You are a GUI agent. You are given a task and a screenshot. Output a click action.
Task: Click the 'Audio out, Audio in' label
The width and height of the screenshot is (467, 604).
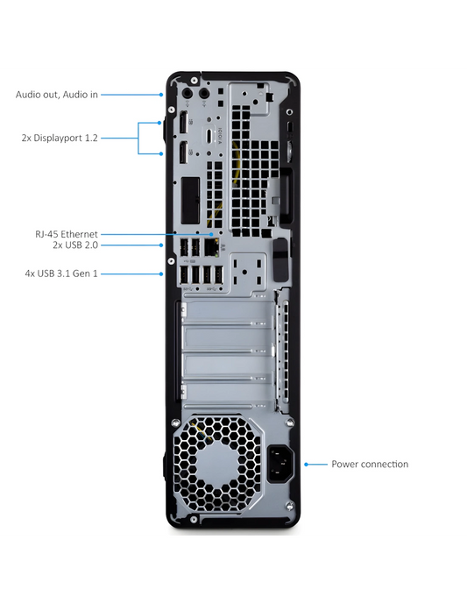coord(57,95)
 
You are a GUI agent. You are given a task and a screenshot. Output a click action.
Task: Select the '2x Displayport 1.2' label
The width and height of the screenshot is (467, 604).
coord(60,138)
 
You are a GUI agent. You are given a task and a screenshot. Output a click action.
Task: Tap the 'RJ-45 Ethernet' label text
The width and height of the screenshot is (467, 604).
coord(67,234)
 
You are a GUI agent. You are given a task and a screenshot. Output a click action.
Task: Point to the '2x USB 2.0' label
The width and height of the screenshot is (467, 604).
coord(75,245)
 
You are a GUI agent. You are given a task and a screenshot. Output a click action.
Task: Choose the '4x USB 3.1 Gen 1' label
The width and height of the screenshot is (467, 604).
coord(61,274)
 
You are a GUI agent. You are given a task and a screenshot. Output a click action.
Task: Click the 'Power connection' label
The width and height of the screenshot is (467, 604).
coord(370,464)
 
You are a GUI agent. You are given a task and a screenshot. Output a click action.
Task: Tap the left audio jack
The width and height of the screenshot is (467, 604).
coord(188,93)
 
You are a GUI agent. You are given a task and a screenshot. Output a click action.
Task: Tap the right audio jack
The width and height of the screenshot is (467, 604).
coord(204,93)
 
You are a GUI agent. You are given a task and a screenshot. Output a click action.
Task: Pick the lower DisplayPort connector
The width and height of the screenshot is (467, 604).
coord(183,153)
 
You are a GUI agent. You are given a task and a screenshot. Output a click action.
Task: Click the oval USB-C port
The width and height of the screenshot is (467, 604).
coord(209,136)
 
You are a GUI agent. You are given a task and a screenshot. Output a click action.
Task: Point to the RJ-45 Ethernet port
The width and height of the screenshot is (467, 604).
coord(210,247)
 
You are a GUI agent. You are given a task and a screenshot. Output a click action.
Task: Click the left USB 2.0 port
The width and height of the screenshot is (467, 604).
coord(184,247)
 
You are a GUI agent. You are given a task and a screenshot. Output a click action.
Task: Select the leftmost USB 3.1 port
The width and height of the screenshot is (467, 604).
coord(184,275)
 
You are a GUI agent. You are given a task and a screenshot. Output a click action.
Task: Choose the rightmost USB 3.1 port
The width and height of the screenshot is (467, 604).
coord(219,275)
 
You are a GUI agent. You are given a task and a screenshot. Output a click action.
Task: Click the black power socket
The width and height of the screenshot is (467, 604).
coord(280,464)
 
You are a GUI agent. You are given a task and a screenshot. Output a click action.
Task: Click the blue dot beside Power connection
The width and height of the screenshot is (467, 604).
coord(306,464)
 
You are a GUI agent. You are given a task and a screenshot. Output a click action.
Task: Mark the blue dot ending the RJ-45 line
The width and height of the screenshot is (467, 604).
coord(211,234)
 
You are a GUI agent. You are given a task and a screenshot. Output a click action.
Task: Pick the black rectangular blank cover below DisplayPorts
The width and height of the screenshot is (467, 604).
coord(191,200)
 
